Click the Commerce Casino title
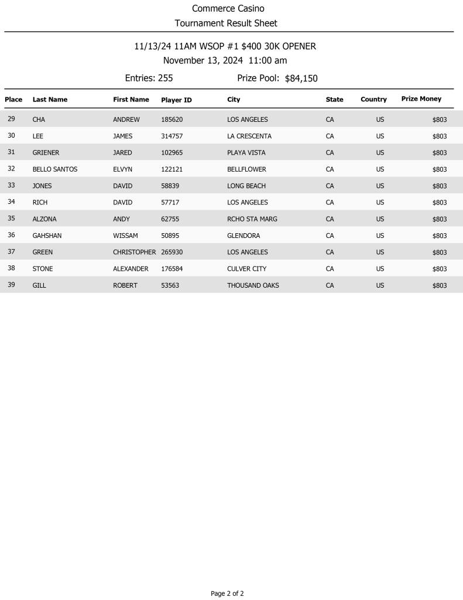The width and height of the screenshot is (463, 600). click(x=228, y=9)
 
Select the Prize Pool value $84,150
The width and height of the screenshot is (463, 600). click(x=301, y=79)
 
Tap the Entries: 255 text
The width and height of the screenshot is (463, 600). click(x=149, y=78)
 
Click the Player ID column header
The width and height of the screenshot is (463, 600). click(x=176, y=100)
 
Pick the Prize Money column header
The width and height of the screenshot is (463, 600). click(x=421, y=99)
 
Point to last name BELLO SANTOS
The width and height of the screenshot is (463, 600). click(x=55, y=169)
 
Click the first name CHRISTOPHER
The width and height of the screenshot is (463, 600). click(x=134, y=252)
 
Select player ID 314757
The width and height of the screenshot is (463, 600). click(x=172, y=136)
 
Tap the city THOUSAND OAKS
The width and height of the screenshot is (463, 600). click(x=253, y=285)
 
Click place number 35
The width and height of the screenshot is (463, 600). click(x=11, y=219)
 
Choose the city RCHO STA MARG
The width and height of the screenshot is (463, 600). click(x=252, y=219)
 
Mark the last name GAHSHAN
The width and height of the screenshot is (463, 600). click(x=47, y=236)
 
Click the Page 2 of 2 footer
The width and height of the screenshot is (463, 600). click(x=227, y=594)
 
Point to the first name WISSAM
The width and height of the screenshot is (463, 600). click(x=125, y=236)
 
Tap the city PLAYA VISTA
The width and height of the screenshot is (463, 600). click(x=246, y=152)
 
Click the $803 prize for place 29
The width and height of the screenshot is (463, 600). click(x=439, y=120)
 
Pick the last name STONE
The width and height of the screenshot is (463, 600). click(x=43, y=269)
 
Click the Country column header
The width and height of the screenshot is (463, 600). click(x=373, y=100)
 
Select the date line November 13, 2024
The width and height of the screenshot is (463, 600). click(x=225, y=61)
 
